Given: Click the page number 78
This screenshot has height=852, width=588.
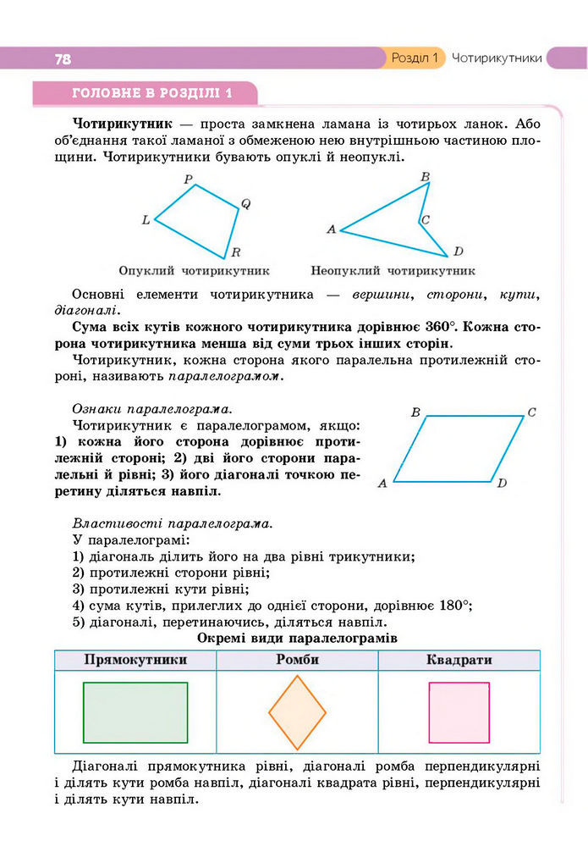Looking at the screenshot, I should coord(63,59).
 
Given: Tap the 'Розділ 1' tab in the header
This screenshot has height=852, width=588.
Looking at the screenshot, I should coord(415,58).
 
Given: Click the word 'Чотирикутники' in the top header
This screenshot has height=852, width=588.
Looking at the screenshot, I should coord(497,58).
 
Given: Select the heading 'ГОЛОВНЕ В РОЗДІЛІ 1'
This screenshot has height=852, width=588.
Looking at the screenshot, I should coord(152,92).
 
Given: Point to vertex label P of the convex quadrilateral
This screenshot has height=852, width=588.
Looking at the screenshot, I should coord(189,180).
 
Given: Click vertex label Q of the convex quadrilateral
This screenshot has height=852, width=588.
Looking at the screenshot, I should coord(245,203).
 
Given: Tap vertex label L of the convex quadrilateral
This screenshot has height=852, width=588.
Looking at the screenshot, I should coord(146,220).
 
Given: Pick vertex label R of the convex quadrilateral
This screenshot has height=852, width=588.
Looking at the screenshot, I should coord(236,252).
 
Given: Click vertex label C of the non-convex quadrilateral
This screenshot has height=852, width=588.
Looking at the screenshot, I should coord(426,220).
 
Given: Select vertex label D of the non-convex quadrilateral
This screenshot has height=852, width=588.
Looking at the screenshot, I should coord(458,252).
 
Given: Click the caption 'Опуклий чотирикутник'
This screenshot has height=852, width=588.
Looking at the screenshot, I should coord(194,272).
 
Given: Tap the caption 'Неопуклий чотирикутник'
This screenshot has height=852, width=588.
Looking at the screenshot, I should coord(393,272).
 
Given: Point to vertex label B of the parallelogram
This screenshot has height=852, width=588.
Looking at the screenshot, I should coord(415,412).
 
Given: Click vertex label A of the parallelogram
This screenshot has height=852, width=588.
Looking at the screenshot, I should coord(382,484).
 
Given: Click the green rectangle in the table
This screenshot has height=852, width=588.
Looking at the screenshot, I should coord(135,712).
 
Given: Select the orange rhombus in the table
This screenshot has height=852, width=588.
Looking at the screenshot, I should coord(297,712).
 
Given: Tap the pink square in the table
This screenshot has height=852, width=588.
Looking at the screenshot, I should coord(459,712).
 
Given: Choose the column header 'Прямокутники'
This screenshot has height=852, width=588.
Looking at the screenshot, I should coord(135,660).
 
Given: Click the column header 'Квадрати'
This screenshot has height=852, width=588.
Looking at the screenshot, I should coord(459,660).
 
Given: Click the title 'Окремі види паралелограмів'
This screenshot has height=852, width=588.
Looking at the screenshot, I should coord(297,637).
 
